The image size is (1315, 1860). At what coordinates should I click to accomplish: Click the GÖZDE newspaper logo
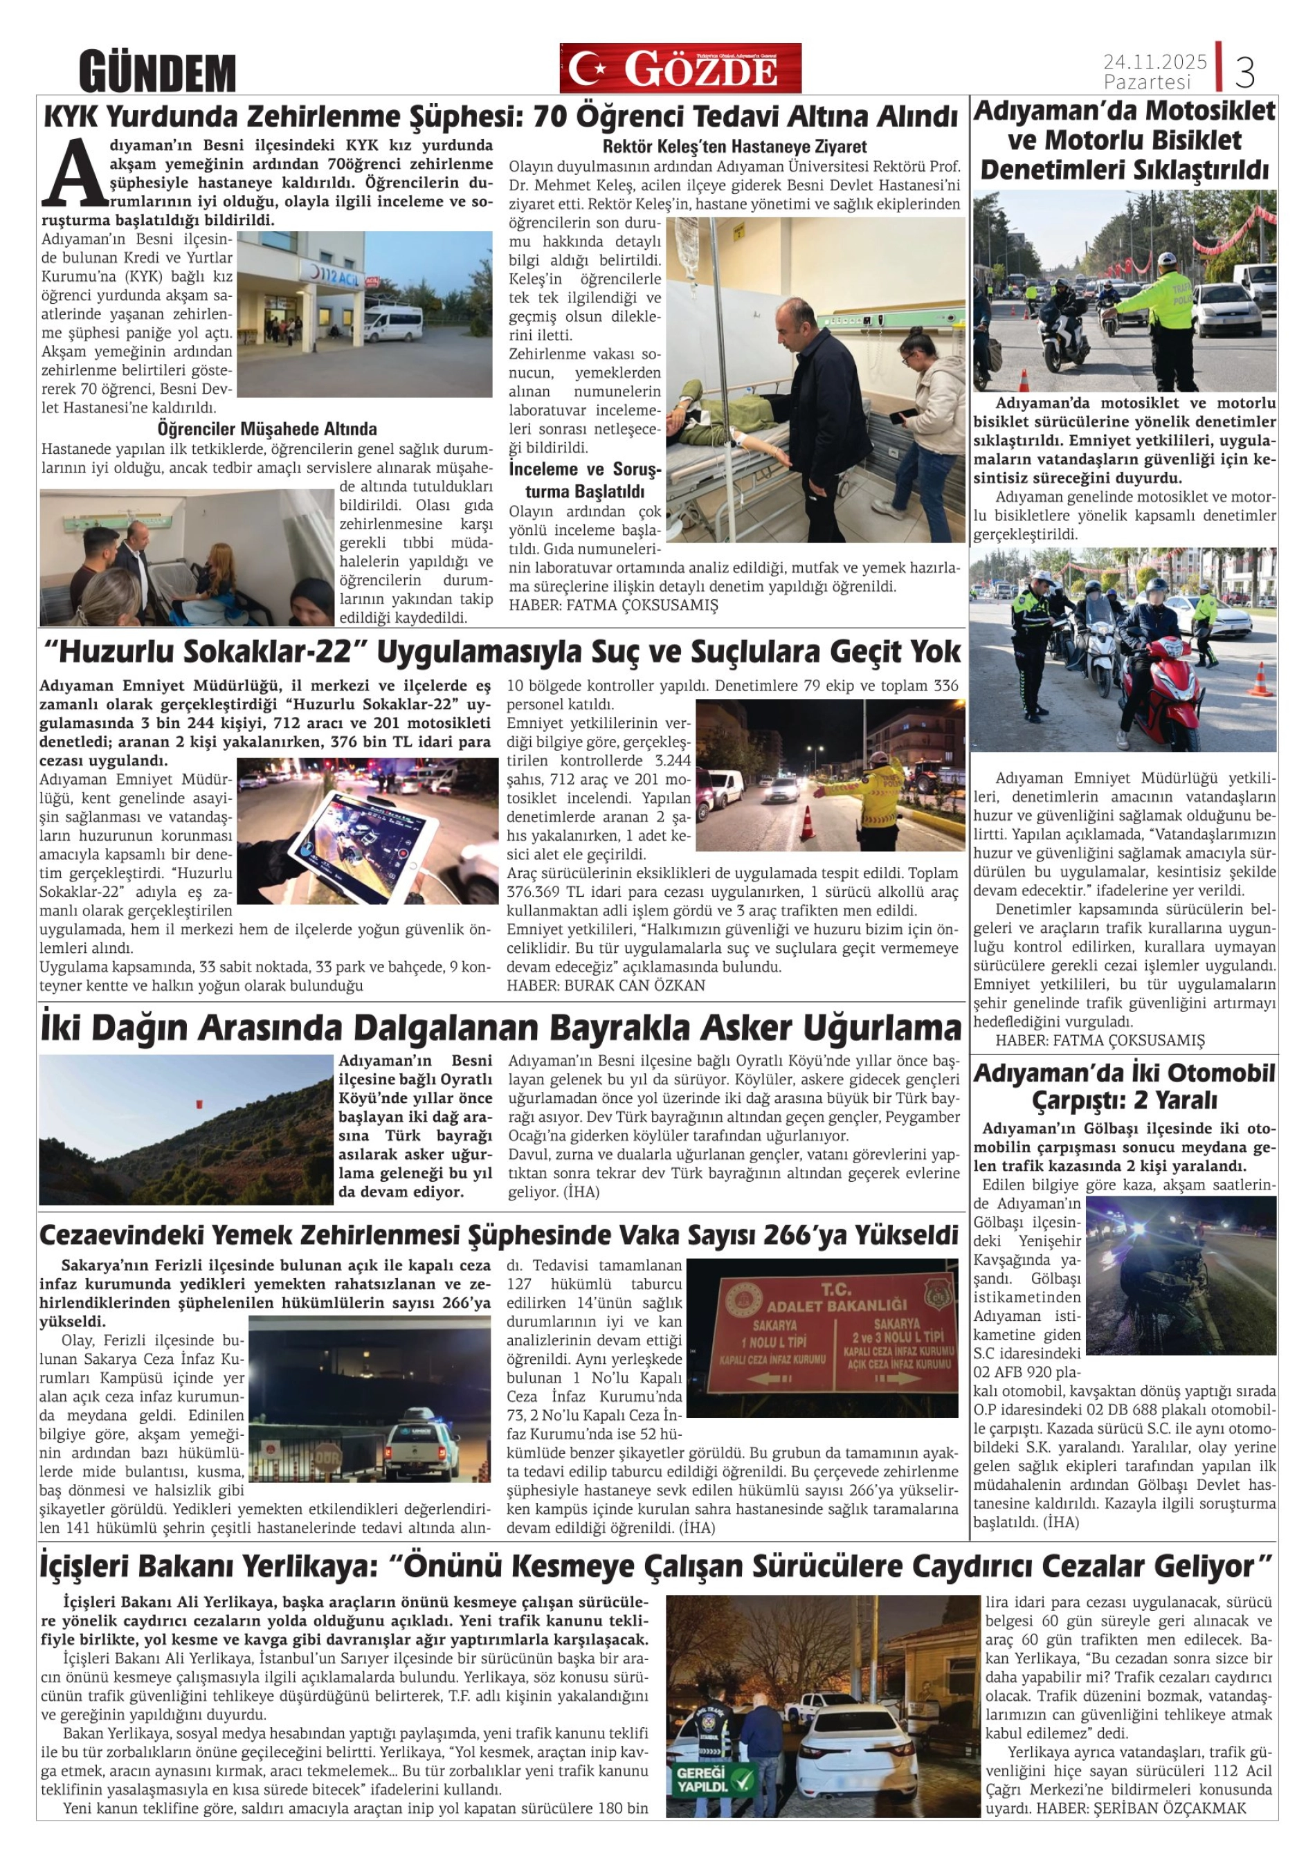click(680, 68)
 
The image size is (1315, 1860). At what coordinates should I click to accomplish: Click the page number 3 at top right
click(1244, 73)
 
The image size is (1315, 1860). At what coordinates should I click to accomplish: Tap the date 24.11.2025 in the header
click(1154, 62)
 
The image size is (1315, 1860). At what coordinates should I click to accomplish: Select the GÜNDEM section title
click(157, 73)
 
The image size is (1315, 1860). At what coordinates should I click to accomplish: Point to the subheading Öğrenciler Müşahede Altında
click(266, 428)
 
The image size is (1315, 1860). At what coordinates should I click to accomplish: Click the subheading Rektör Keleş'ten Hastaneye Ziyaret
click(734, 147)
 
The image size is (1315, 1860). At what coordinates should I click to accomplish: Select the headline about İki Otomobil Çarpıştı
click(1124, 1086)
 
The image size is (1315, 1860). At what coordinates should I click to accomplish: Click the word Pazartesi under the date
click(1147, 82)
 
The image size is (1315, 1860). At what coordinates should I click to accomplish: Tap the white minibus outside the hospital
click(394, 322)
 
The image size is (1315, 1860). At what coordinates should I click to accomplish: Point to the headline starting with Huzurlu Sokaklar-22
click(500, 651)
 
